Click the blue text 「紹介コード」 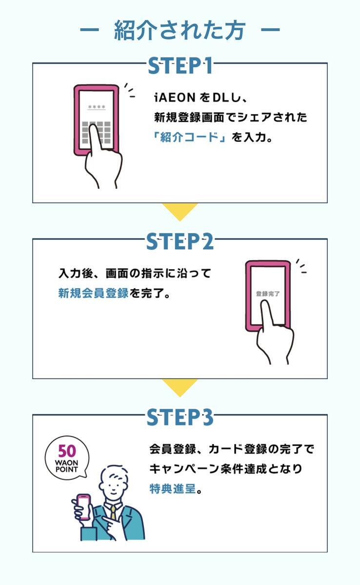189,137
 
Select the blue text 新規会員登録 93,293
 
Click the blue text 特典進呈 172,488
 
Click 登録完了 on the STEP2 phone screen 268,294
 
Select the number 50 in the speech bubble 67,451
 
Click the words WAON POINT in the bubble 67,466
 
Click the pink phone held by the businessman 84,507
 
